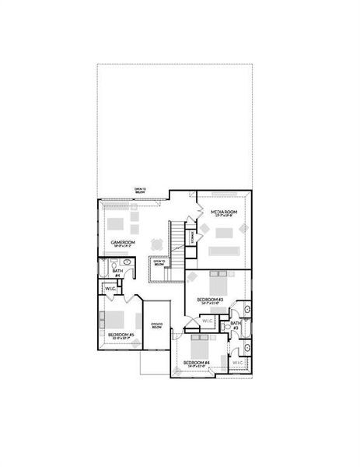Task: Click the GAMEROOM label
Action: coord(123,243)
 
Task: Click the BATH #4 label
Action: coord(117,272)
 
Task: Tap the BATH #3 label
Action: coord(236,325)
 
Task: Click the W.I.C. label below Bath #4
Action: coord(110,289)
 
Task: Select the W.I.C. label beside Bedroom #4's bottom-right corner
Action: coord(238,362)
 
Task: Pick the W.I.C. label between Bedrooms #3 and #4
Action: coord(207,321)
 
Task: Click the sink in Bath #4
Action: coord(127,264)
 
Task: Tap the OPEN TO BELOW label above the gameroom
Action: coord(140,190)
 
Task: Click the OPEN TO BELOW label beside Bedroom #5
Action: coord(156,325)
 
